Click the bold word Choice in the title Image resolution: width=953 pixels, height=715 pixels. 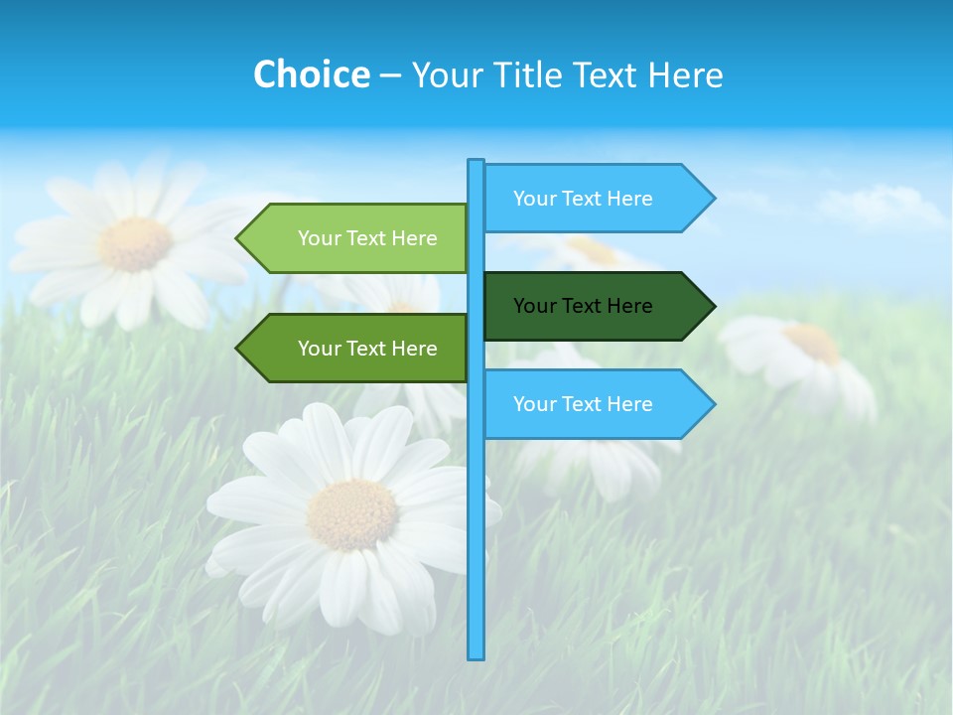click(311, 74)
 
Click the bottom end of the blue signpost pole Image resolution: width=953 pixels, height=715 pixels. click(476, 655)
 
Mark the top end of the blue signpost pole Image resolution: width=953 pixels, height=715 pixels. click(476, 163)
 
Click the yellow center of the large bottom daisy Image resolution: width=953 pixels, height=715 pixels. click(351, 514)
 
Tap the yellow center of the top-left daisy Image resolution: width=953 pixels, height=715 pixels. click(135, 243)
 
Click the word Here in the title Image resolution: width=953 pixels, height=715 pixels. click(686, 74)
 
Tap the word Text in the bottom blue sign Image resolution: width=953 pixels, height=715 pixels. click(583, 404)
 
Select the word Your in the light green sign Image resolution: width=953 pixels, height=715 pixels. click(319, 238)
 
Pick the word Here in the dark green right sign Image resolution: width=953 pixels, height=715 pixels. click(629, 306)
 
